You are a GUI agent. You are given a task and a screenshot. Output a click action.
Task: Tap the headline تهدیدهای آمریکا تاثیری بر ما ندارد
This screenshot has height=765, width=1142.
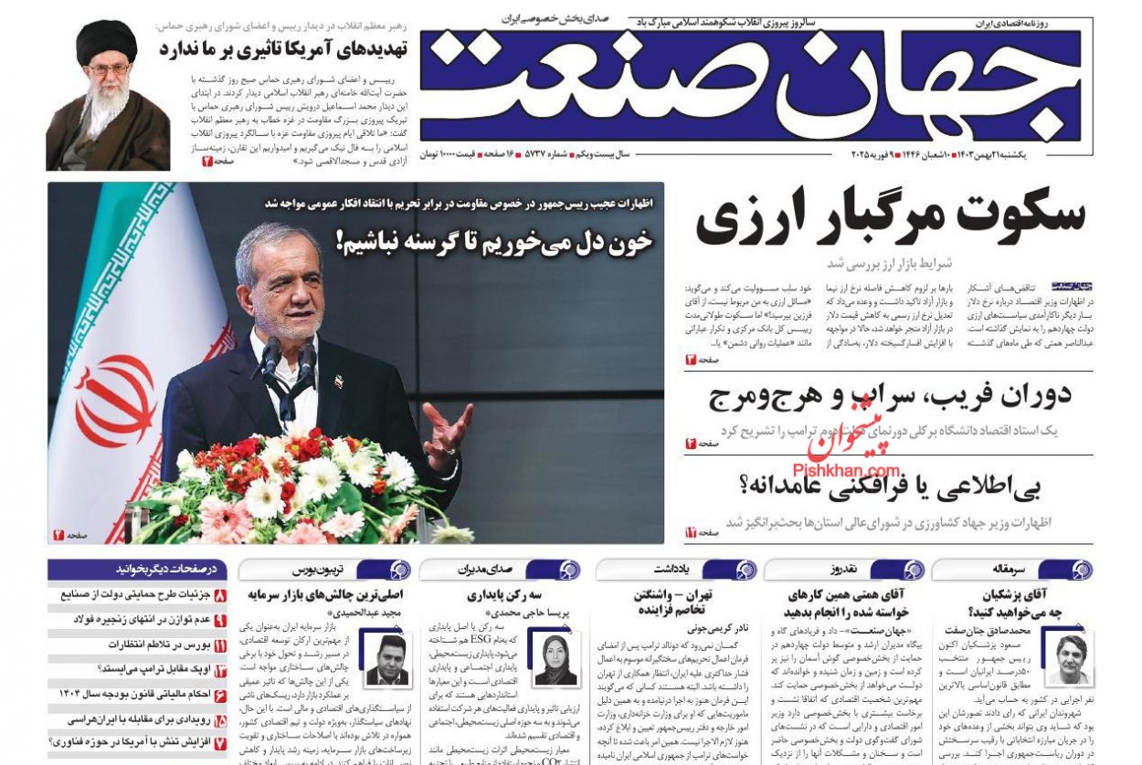pos(282,48)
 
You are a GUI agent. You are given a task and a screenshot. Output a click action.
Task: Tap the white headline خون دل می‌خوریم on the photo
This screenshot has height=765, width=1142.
pos(494,241)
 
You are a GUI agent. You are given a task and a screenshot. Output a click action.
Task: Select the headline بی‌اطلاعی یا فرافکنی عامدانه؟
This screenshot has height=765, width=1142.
pos(891,487)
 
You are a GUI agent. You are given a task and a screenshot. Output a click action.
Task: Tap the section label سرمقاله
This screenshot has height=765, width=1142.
pos(1009,570)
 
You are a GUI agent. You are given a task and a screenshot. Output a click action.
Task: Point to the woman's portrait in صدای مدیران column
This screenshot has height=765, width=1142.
pos(555,659)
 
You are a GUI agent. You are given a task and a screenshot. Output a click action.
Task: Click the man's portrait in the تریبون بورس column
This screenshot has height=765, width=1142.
pos(386,659)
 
